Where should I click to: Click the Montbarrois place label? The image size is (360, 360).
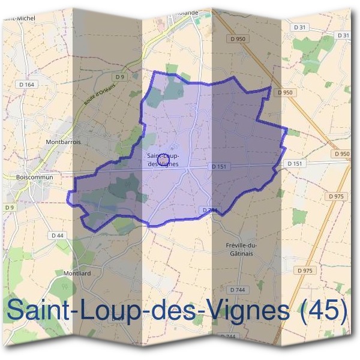[x=63, y=142]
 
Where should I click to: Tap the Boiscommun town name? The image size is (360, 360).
[x=35, y=177]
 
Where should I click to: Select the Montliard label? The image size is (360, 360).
[x=76, y=273]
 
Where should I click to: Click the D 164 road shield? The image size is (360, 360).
[x=28, y=85]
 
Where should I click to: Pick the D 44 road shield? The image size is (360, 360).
[x=58, y=236]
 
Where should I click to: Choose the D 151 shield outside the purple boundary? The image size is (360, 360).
[x=294, y=163]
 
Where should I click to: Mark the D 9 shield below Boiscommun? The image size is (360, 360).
[x=8, y=208]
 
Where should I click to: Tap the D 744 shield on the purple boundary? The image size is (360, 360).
[x=209, y=210]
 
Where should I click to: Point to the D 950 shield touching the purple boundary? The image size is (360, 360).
[x=284, y=92]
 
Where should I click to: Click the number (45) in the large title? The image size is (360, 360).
[x=324, y=311]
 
